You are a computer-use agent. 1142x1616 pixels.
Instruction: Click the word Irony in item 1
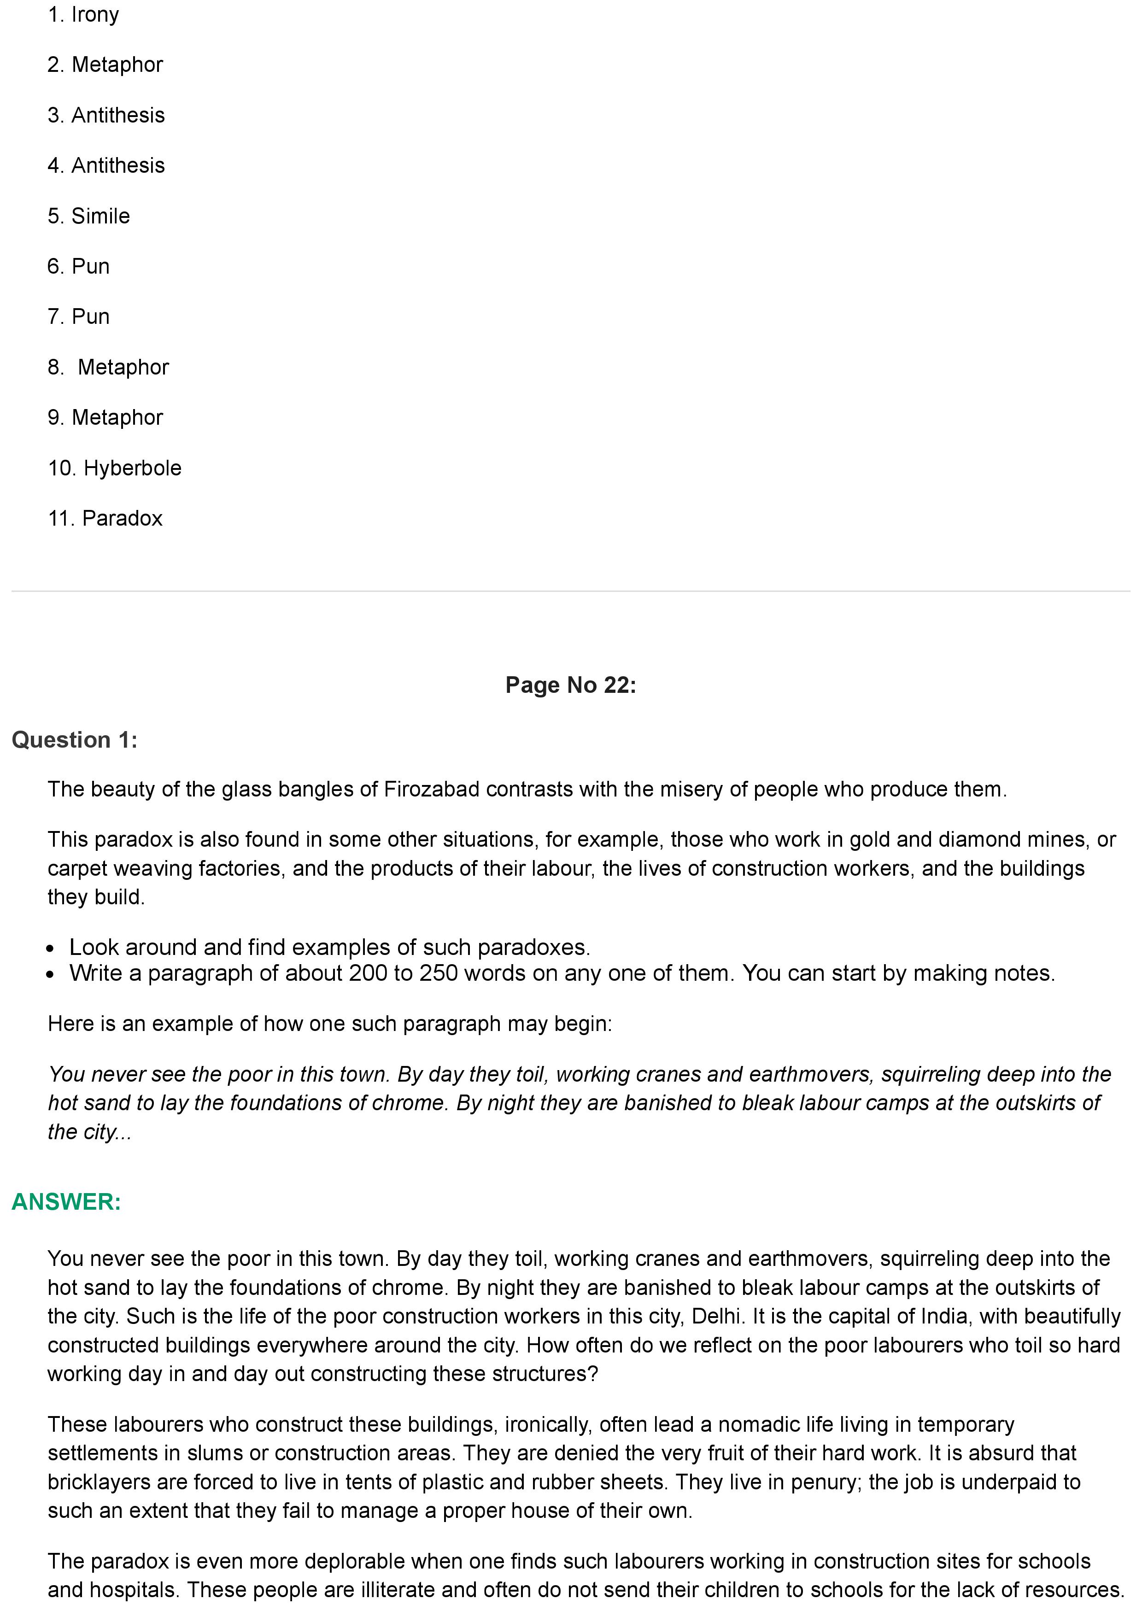pos(95,15)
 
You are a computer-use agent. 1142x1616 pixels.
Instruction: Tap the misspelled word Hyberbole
pos(132,468)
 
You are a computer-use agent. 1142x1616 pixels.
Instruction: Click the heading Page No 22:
pos(571,685)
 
